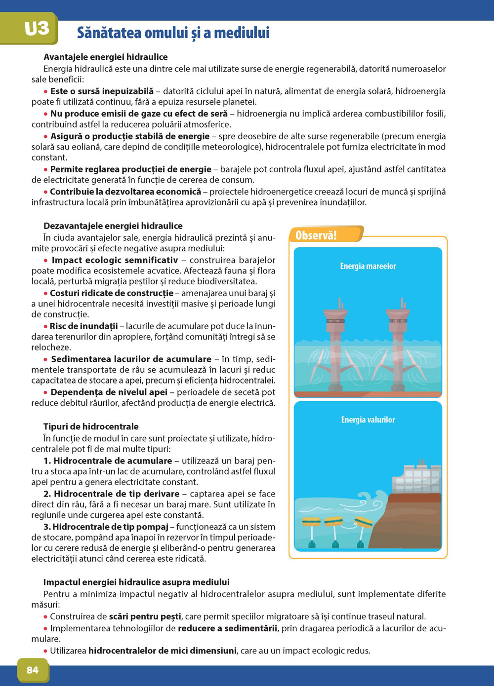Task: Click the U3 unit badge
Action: tap(36, 29)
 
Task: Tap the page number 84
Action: tap(33, 670)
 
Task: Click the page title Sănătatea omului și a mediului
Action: tap(173, 33)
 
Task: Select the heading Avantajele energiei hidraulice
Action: tap(106, 57)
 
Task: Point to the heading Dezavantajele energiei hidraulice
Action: tap(113, 226)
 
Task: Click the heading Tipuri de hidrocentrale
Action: tap(91, 426)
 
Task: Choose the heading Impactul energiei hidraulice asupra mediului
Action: tap(136, 582)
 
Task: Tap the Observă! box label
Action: tap(316, 235)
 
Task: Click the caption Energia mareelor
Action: tap(368, 266)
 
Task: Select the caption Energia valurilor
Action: tap(368, 420)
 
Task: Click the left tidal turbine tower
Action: tap(335, 341)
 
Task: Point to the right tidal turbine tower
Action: tap(398, 341)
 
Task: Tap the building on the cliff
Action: tap(416, 479)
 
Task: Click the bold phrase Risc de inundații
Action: tap(84, 326)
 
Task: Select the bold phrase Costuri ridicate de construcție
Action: tap(112, 293)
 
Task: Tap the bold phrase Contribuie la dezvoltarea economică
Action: tap(125, 191)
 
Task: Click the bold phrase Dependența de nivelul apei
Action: tap(109, 392)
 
